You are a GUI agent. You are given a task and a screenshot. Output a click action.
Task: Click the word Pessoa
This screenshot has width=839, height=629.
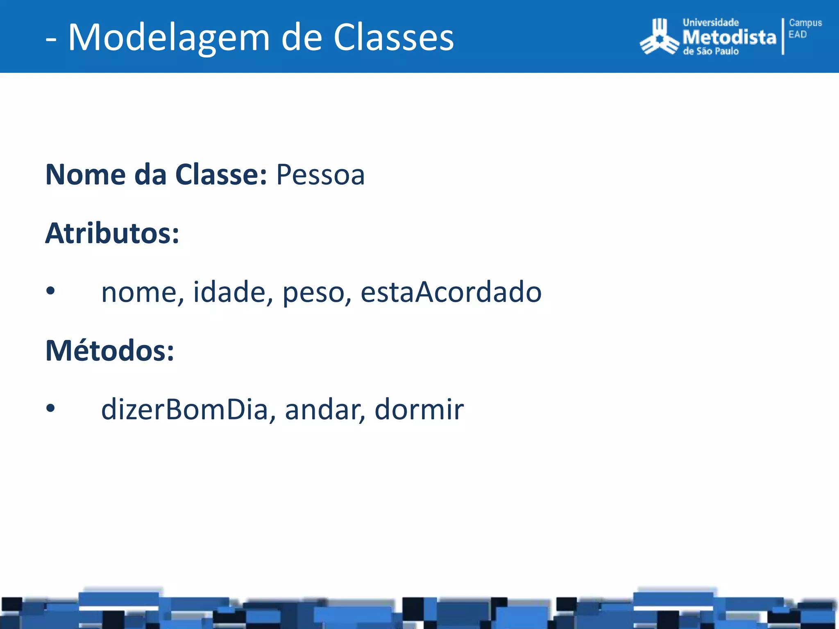click(x=320, y=175)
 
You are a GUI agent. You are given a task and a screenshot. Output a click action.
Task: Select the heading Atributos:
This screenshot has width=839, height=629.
click(x=112, y=233)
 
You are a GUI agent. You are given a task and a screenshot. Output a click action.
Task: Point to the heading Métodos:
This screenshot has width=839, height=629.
click(x=109, y=351)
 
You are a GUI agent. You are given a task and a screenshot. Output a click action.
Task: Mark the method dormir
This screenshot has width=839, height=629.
click(x=419, y=409)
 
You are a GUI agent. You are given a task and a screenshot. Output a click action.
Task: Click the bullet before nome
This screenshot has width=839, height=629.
click(x=50, y=291)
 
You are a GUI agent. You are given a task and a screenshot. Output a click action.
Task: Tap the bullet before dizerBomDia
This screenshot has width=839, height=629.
click(x=50, y=408)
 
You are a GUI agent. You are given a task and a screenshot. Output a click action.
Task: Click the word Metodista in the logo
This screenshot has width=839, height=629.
click(x=729, y=37)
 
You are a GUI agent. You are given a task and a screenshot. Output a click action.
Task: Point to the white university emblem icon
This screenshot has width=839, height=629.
click(x=659, y=37)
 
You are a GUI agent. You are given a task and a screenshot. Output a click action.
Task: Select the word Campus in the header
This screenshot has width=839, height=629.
click(x=805, y=23)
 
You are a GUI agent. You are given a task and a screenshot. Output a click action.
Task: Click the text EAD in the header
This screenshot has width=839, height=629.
click(x=797, y=34)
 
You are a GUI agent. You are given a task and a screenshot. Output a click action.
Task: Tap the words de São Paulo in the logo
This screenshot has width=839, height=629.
click(x=710, y=51)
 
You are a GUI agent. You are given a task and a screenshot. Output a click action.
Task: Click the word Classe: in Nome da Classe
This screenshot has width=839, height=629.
click(x=221, y=175)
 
